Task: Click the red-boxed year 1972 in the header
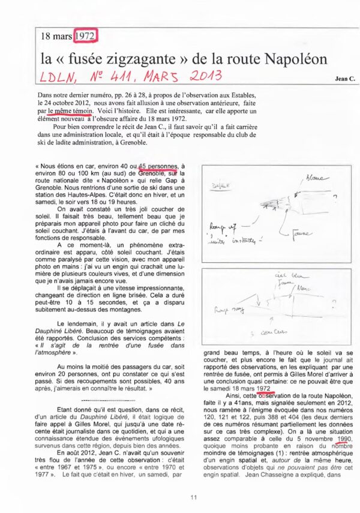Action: (86, 37)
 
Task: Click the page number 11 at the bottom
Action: (193, 497)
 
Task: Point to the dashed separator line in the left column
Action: (110, 399)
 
